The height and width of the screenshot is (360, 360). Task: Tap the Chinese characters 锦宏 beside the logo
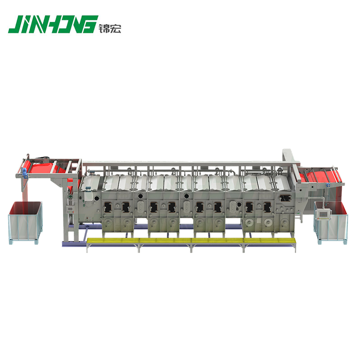pos(110,28)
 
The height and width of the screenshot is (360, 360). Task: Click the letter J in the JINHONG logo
pos(14,24)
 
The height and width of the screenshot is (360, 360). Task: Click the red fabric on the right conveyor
pos(322,175)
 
